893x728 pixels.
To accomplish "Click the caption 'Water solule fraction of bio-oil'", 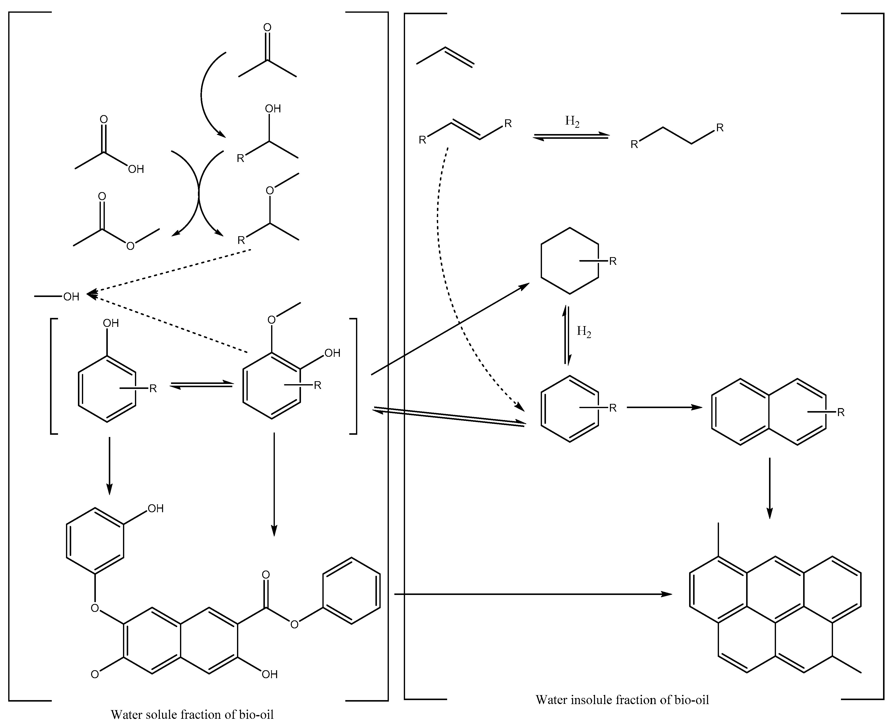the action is [x=192, y=714].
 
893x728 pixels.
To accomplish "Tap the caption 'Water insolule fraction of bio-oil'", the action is [x=622, y=700].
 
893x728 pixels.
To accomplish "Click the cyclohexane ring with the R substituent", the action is [x=570, y=261].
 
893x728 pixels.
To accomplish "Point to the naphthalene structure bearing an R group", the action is [x=769, y=412].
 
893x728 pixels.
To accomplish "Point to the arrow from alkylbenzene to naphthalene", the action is [x=664, y=407].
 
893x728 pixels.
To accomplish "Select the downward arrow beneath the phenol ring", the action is [x=109, y=465].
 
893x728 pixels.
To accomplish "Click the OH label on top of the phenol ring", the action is [x=111, y=323].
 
